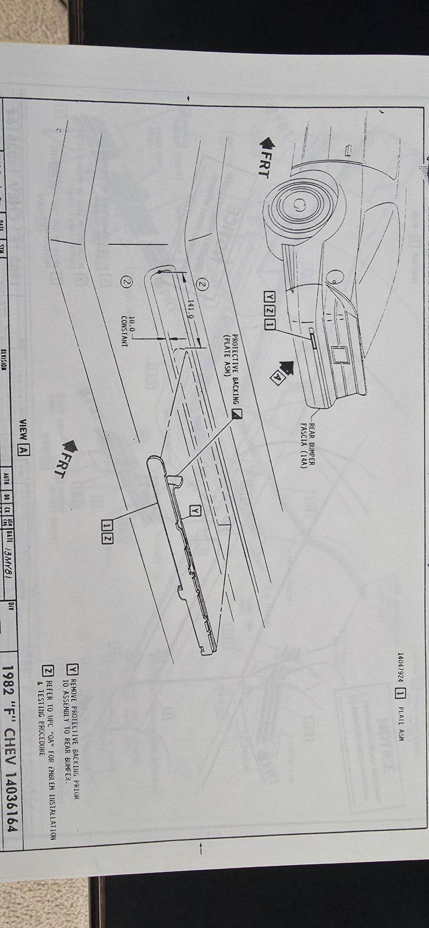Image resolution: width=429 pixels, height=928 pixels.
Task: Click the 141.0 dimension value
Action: coord(190,310)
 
